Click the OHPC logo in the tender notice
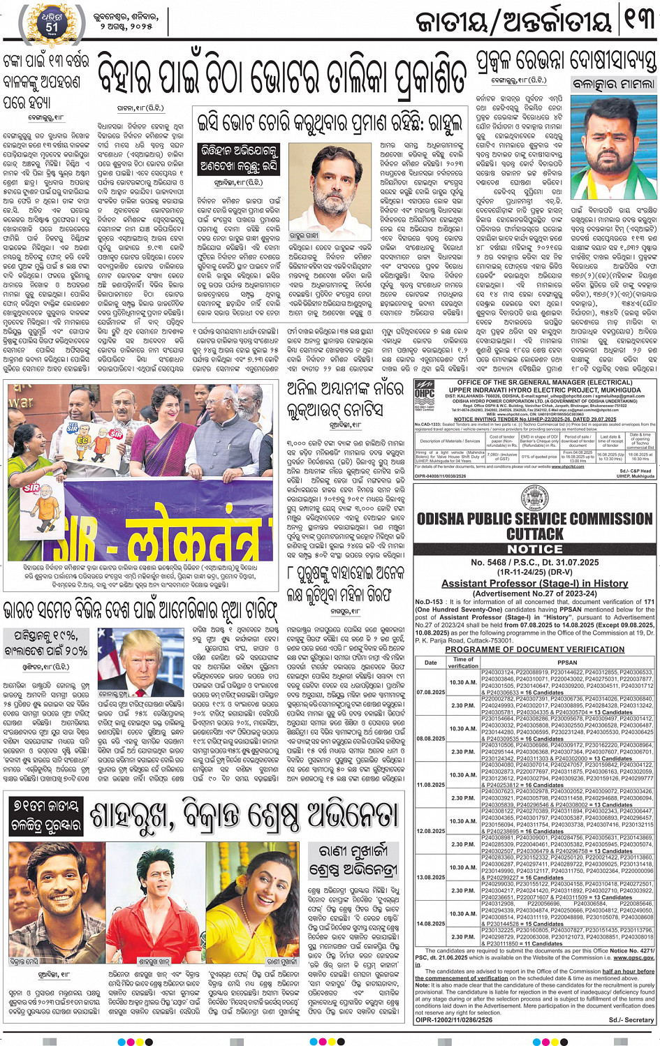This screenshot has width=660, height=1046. (425, 393)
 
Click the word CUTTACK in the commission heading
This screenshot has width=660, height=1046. (534, 534)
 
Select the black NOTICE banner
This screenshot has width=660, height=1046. (534, 550)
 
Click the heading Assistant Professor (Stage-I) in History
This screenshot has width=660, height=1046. (534, 583)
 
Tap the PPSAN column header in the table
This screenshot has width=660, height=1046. (567, 662)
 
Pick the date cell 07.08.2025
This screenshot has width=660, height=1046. (430, 692)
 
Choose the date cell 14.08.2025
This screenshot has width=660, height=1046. (430, 923)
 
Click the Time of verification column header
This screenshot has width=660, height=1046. (463, 662)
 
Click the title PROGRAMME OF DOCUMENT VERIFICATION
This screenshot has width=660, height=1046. (534, 649)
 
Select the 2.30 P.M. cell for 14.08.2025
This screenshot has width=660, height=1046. (463, 937)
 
